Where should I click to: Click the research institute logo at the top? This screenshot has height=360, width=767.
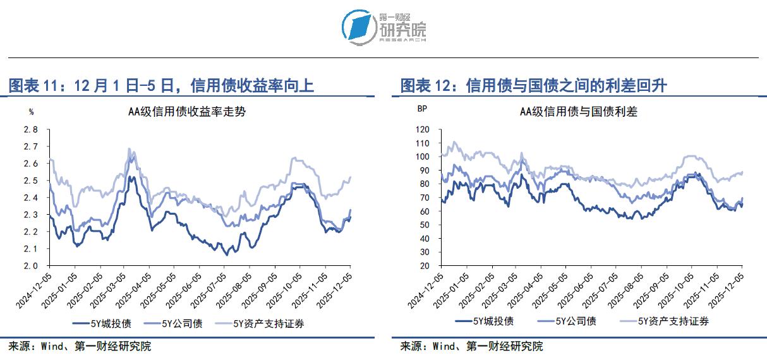coord(383,27)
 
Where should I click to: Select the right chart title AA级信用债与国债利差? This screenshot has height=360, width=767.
coord(579,112)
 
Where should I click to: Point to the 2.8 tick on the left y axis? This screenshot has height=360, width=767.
coord(31,129)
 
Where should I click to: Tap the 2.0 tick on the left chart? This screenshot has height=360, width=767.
coord(31,266)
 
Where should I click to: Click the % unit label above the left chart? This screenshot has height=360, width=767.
coord(32,112)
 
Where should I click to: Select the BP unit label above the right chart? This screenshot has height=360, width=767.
coord(422,109)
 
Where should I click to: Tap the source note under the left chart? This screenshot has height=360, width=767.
coord(80,346)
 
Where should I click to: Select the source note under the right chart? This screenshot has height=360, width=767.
coord(471,346)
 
